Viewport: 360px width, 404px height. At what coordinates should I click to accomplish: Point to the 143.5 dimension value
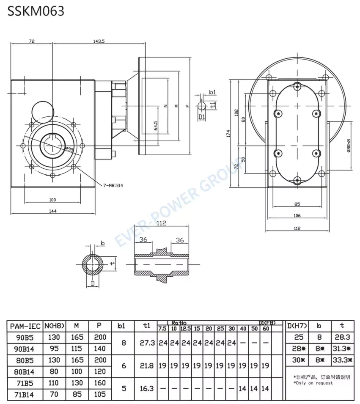(x=99, y=41)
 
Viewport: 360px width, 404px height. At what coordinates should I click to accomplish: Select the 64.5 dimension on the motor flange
(x=156, y=126)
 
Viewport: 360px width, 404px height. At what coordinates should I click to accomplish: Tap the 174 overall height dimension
(x=228, y=134)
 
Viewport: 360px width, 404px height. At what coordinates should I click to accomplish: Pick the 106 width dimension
(x=297, y=215)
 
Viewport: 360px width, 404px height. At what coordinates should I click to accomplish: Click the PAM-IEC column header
(x=25, y=326)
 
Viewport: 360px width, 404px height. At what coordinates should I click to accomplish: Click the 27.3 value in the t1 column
(x=146, y=343)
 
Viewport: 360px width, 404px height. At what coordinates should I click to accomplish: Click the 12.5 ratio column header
(x=185, y=329)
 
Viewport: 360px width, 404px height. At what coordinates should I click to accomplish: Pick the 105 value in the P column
(x=99, y=395)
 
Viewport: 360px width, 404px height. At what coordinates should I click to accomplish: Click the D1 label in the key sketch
(x=201, y=117)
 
